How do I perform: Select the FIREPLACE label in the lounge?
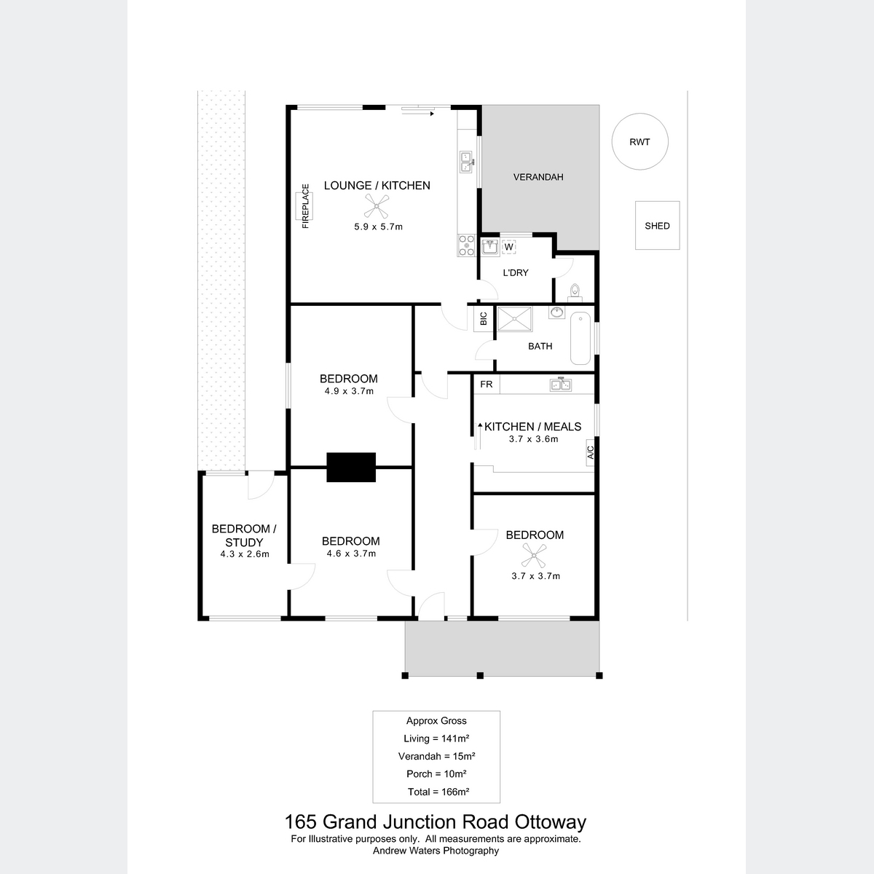[x=305, y=206]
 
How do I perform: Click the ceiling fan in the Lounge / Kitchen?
[x=377, y=206]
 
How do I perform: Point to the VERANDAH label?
[x=538, y=177]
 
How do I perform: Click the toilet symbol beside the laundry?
[x=575, y=293]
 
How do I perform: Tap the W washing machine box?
[x=509, y=247]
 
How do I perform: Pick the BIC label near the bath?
[x=484, y=318]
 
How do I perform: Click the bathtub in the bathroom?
[x=580, y=338]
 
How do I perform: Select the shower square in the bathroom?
[x=515, y=319]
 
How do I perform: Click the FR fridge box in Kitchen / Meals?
[x=487, y=384]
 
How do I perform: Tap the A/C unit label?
[x=590, y=452]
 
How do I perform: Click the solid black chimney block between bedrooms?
[x=351, y=467]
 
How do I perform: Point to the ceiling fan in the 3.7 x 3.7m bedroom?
[x=534, y=556]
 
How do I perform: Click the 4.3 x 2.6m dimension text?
[x=245, y=554]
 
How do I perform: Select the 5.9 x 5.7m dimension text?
[x=378, y=227]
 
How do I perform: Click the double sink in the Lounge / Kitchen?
[x=467, y=162]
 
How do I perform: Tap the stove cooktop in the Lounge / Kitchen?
[x=466, y=245]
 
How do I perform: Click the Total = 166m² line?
[x=438, y=792]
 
